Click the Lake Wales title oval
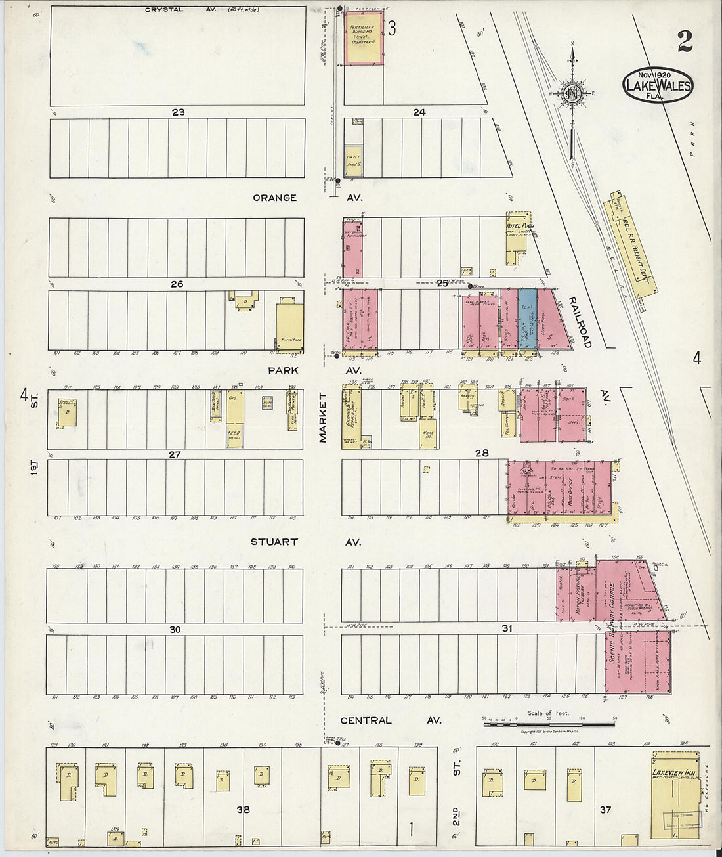[x=657, y=84]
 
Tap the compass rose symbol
[x=572, y=93]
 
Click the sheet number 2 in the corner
[x=685, y=42]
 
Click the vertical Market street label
[x=323, y=418]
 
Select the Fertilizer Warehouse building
[x=364, y=38]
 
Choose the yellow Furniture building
[x=289, y=324]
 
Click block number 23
[x=178, y=112]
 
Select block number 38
[x=244, y=810]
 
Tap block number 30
[x=175, y=629]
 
